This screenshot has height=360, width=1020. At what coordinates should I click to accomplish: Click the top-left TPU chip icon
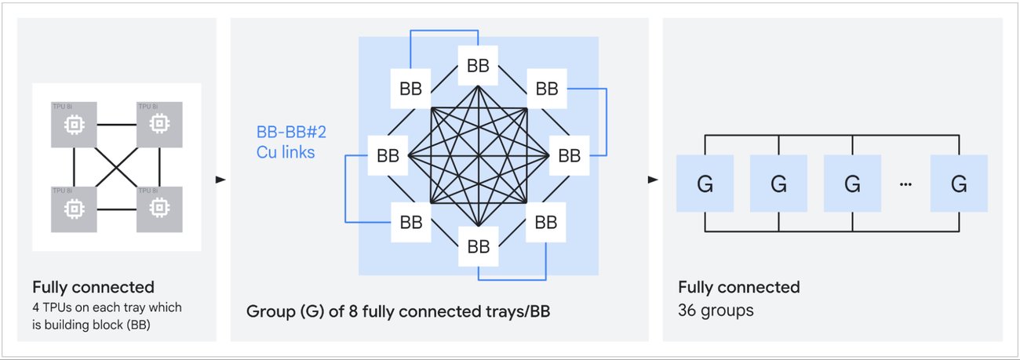point(74,124)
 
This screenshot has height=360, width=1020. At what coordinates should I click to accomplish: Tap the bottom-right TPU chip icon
point(159,208)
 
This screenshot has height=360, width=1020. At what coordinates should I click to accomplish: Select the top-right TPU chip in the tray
point(159,124)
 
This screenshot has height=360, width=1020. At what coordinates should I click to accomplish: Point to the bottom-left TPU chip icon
point(74,208)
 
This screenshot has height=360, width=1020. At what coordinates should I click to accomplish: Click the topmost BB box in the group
point(478,66)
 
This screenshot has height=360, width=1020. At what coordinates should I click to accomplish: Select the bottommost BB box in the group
point(478,246)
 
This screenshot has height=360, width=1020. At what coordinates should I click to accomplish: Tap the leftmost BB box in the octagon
point(388,156)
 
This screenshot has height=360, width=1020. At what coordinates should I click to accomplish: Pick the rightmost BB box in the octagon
point(569,156)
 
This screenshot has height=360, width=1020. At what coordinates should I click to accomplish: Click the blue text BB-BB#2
point(291,132)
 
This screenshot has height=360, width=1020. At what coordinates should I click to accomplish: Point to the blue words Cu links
point(286,152)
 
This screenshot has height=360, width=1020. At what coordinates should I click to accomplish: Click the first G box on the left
point(704,184)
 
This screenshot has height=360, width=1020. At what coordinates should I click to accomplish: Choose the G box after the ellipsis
point(958,184)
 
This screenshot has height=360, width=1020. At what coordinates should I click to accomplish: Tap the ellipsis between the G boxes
point(906,184)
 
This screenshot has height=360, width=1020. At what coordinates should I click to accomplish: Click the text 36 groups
point(715,311)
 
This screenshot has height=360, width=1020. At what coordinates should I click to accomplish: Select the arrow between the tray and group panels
point(221,180)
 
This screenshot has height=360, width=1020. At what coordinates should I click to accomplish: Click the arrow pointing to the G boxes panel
point(653,180)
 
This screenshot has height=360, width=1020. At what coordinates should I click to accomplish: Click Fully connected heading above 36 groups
point(738,287)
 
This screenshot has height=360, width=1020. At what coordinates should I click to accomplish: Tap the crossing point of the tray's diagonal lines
point(117,166)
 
